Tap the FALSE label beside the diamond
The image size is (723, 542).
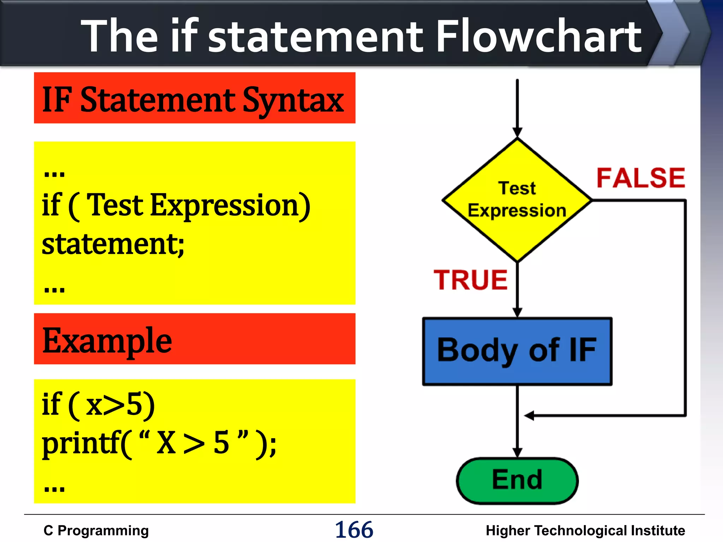(x=641, y=178)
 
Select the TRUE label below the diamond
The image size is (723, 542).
(x=471, y=280)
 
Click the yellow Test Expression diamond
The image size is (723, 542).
(x=517, y=200)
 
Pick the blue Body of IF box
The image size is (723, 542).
(x=517, y=351)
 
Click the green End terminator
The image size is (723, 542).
(x=517, y=480)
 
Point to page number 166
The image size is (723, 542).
(x=354, y=530)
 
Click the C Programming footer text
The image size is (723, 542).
(x=96, y=531)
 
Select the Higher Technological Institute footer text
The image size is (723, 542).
(x=585, y=531)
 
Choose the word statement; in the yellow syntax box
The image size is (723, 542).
(x=113, y=244)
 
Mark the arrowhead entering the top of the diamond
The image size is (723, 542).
(x=517, y=132)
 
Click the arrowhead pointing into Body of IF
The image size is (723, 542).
(x=517, y=312)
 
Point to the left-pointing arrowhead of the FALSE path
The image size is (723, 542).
(x=529, y=416)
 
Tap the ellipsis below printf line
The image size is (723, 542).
(x=54, y=489)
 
